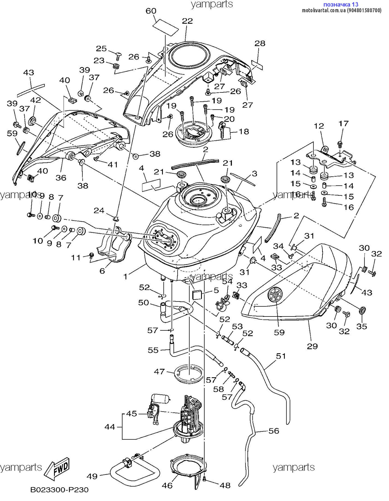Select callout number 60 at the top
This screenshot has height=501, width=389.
[x=151, y=11]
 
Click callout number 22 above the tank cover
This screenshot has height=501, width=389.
[x=187, y=21]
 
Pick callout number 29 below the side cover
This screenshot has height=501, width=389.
[x=312, y=346]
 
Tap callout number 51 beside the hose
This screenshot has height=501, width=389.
[x=281, y=356]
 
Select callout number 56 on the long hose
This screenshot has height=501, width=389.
[x=274, y=431]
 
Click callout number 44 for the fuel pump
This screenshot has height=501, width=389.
[x=110, y=427]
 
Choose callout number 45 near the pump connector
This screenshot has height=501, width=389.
[x=131, y=414]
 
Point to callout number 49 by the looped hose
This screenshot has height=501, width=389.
[x=92, y=477]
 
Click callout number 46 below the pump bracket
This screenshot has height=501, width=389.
[x=167, y=486]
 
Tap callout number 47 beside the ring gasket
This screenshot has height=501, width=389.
[x=159, y=371]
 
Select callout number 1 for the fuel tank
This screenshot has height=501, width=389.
[x=126, y=276]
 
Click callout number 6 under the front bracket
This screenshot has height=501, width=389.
[x=102, y=271]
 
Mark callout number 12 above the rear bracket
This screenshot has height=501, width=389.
[x=319, y=126]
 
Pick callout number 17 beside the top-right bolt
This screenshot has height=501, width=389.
[x=344, y=123]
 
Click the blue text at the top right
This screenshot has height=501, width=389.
[x=341, y=4]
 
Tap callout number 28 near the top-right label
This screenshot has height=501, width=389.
[x=260, y=43]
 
